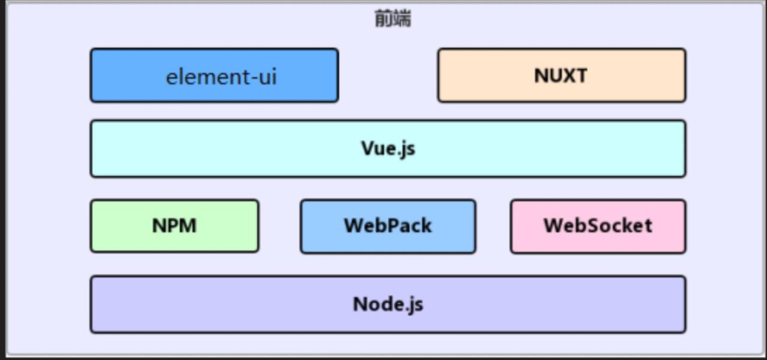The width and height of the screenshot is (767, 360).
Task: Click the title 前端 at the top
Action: click(x=392, y=19)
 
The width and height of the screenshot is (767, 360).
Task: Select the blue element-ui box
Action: click(x=214, y=75)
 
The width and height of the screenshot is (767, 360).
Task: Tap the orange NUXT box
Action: click(x=561, y=75)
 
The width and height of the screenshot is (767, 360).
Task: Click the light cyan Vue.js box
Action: click(x=388, y=149)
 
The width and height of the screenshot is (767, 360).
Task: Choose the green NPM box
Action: click(x=174, y=226)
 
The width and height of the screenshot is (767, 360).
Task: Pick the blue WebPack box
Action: click(x=388, y=226)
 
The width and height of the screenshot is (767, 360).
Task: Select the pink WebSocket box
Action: click(x=597, y=226)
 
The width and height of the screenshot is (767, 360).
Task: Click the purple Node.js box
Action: click(x=388, y=304)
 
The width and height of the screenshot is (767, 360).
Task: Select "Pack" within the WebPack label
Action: click(x=410, y=226)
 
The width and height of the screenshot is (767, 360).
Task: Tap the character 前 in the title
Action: click(x=383, y=19)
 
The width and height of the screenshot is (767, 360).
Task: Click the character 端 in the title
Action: click(x=402, y=19)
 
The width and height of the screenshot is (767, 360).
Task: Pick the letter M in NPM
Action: click(x=188, y=226)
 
